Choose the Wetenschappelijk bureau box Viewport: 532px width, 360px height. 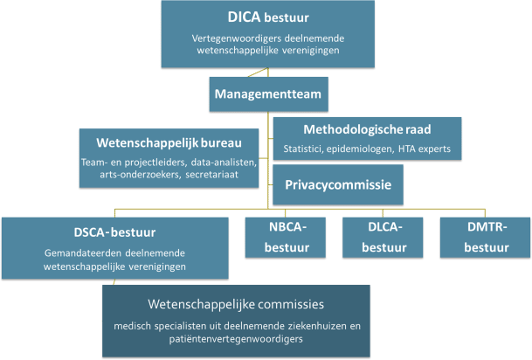[170, 157]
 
